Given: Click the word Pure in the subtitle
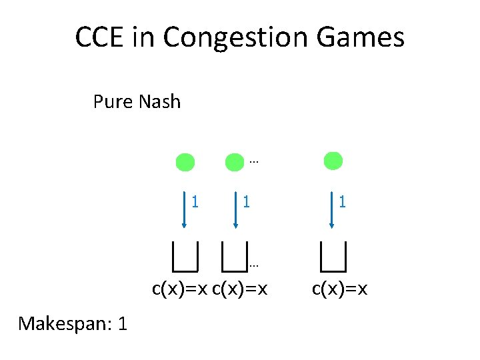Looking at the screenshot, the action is click(114, 102).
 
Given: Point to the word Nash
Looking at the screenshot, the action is click(160, 102).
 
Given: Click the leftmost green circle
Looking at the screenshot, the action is click(185, 162).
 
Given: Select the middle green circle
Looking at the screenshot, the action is click(235, 162).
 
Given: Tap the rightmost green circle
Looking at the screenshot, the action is click(333, 161).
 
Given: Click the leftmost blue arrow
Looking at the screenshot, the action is click(185, 210).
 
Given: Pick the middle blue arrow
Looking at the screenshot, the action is click(235, 210).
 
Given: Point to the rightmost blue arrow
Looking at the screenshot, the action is click(332, 210).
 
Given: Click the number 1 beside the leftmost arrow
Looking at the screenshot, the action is click(195, 200).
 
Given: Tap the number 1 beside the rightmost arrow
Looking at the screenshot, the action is click(342, 200).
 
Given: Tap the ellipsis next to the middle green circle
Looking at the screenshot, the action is click(253, 161).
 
